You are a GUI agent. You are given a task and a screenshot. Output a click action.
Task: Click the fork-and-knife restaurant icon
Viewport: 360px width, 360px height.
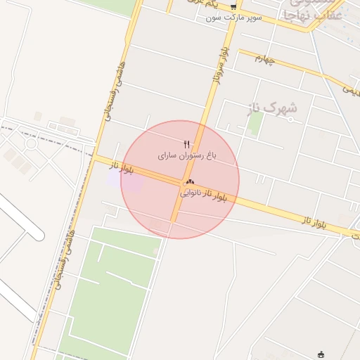(x=186, y=143)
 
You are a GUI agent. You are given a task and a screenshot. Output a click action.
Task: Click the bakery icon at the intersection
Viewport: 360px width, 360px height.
(x=190, y=181)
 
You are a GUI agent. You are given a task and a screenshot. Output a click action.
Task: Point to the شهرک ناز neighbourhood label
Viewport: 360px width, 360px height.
(x=272, y=108)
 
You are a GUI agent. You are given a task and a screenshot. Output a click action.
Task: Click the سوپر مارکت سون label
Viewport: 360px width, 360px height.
(x=234, y=16)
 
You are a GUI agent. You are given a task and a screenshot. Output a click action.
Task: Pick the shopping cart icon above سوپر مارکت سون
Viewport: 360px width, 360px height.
(x=233, y=6)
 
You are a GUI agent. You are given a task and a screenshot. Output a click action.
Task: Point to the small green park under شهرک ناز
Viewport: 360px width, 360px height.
(x=255, y=123)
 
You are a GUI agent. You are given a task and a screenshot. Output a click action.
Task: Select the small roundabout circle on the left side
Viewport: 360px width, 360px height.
(x=30, y=143)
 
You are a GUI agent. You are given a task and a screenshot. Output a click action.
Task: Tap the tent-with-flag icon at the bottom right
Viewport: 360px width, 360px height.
(x=322, y=354)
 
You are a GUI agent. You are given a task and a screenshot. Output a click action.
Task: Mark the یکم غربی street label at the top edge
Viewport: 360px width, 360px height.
(x=200, y=3)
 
